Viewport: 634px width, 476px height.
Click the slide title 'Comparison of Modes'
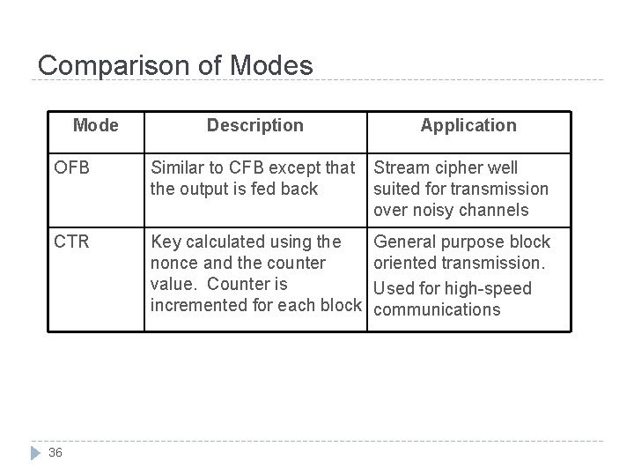pos(175,66)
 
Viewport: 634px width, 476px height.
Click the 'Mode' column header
pos(96,125)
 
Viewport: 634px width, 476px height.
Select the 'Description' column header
pos(255,125)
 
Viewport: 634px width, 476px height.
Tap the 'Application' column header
pos(468,125)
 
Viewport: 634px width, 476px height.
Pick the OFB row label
pos(72,167)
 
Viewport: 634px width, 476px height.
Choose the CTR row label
pos(72,242)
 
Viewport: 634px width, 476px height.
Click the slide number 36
pos(55,452)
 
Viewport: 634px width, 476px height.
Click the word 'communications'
pos(437,309)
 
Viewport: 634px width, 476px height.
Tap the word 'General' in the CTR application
pos(407,242)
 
